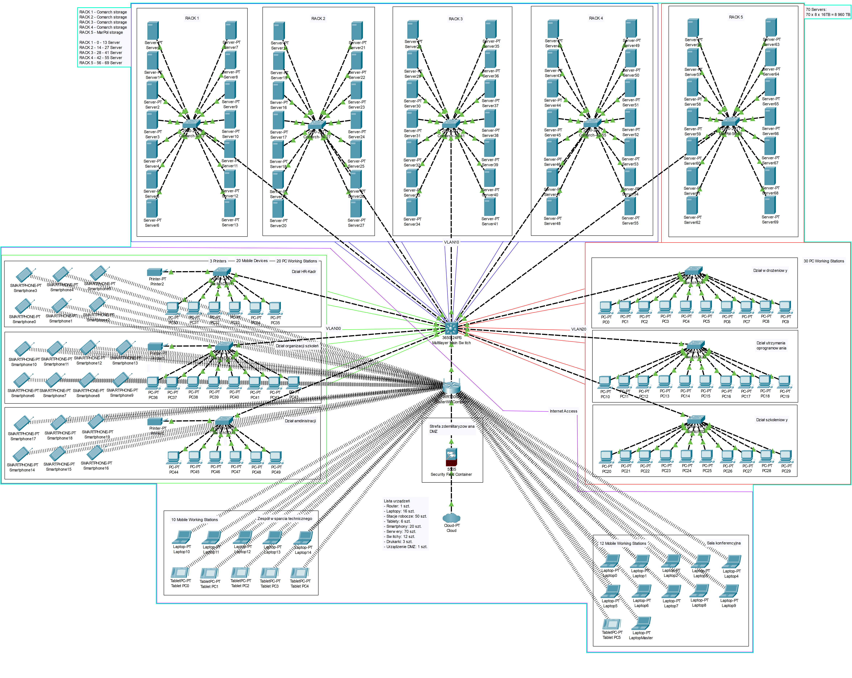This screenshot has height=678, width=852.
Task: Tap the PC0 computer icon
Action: [605, 307]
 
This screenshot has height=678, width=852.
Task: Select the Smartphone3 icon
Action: [24, 275]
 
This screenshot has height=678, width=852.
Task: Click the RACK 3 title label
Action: [456, 19]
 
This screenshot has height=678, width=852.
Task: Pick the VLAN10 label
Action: [451, 242]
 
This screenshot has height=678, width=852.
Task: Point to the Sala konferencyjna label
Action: [724, 543]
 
